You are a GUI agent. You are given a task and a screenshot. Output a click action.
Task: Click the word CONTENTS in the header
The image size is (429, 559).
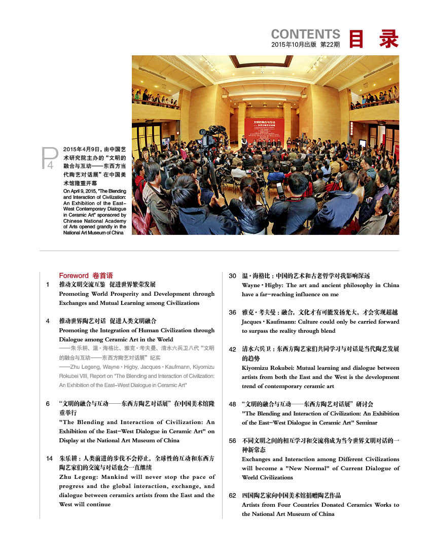(305, 34)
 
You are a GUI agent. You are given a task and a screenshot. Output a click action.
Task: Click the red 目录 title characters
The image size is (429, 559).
(374, 39)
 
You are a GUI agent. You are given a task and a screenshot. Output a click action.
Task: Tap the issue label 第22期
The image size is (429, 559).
(330, 45)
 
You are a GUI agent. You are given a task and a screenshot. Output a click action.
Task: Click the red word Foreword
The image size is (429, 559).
(74, 275)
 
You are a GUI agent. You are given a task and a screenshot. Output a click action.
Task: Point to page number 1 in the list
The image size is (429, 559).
(48, 285)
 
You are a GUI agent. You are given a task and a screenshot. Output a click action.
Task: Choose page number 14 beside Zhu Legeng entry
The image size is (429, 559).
(49, 459)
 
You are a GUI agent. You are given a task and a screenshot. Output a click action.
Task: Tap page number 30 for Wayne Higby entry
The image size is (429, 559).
(232, 276)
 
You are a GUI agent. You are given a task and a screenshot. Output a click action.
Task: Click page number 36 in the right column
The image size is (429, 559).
(232, 312)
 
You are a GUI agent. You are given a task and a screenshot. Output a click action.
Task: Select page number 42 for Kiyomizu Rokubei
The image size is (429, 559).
(232, 349)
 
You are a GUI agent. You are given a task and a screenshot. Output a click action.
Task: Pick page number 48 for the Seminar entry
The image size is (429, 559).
(232, 404)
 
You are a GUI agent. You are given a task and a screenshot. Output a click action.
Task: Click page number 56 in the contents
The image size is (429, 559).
(232, 441)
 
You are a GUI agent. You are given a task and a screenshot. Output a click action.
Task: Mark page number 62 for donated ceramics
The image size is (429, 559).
(232, 496)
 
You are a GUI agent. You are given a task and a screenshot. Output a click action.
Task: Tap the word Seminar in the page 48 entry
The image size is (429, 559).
(361, 423)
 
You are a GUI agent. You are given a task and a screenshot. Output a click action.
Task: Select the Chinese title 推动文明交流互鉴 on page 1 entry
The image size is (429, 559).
(82, 285)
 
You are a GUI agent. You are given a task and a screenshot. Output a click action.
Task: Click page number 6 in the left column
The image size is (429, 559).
(48, 404)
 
